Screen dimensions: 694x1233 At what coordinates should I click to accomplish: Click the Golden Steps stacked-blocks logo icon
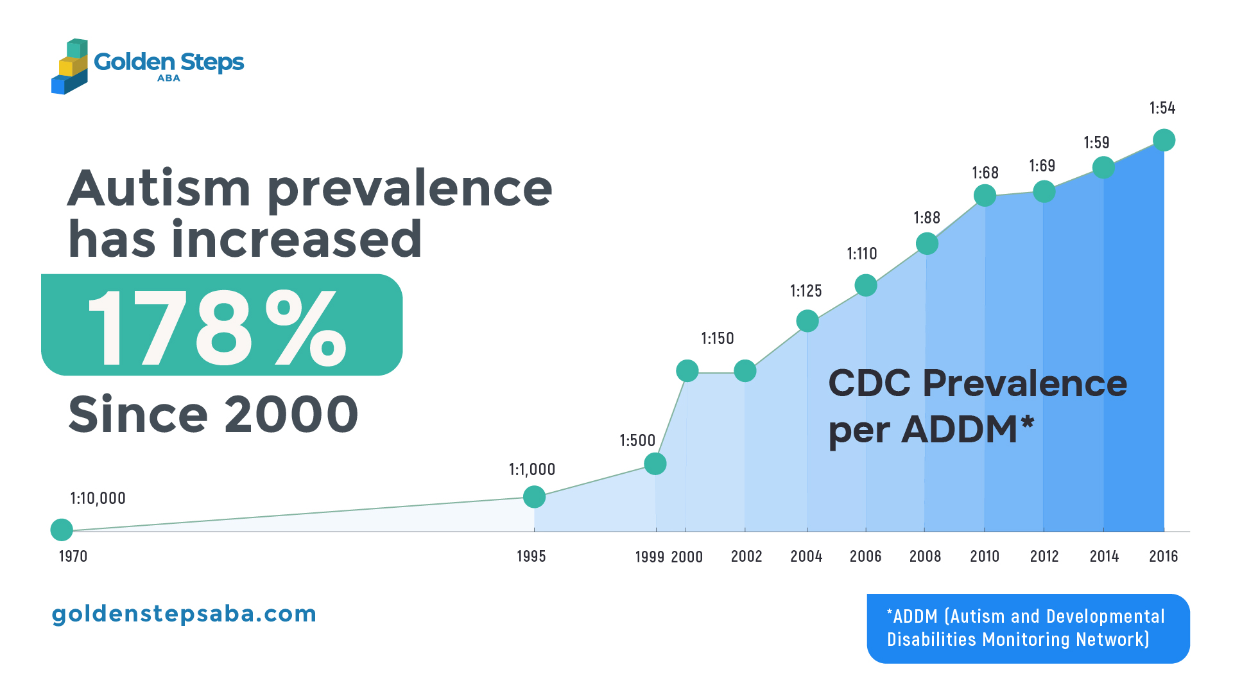pos(69,66)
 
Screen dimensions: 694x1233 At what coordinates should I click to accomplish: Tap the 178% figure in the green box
pos(217,327)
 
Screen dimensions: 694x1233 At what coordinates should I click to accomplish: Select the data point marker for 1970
pos(62,530)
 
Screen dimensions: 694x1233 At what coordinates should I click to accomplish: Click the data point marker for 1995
pos(534,496)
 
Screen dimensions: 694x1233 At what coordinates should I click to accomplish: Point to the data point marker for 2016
pos(1164,140)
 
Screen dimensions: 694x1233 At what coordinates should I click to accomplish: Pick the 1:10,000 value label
pos(98,498)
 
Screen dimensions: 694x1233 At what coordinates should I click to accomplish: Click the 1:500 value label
pos(637,440)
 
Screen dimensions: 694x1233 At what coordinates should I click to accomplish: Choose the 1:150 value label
pos(717,338)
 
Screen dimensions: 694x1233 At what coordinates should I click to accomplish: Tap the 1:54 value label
pos(1162,108)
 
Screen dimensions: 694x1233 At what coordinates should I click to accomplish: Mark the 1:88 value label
pos(926,218)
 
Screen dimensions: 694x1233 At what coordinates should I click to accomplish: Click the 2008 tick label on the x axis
pos(925,556)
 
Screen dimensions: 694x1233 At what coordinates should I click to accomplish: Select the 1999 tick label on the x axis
pos(650,557)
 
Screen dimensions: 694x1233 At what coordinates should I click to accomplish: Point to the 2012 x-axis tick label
pos(1044,556)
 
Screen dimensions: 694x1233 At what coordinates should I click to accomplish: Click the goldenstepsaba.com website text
pos(184,614)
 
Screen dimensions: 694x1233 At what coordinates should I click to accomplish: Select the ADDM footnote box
pos(1028,628)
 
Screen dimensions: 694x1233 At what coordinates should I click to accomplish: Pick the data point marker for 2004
pos(807,320)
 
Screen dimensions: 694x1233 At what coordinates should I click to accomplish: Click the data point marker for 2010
pos(985,195)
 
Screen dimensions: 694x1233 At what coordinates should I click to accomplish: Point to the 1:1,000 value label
pos(531,469)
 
